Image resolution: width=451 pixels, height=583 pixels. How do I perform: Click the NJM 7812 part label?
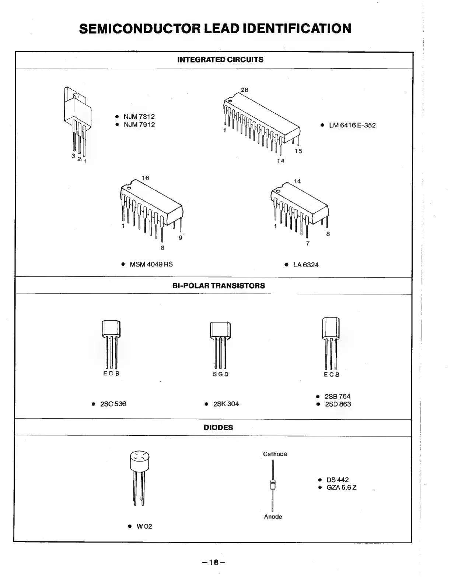point(139,117)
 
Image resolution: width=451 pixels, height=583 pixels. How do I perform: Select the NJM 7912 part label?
point(139,124)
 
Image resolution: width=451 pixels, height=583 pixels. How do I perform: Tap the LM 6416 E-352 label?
point(352,125)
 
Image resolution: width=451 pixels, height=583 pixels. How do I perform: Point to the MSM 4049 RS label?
point(151,264)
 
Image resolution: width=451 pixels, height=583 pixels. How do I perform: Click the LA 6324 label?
point(305,265)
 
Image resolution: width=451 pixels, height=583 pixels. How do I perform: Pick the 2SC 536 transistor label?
point(113,404)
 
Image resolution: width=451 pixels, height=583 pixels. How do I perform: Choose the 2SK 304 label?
point(226,404)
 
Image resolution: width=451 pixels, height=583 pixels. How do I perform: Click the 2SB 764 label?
point(337,396)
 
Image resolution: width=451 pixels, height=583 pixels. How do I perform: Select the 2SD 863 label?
point(338,404)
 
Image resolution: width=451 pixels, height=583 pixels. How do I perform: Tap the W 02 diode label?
point(144,526)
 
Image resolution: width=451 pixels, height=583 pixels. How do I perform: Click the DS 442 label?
point(337,480)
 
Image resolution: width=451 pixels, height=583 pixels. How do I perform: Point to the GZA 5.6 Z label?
point(341,488)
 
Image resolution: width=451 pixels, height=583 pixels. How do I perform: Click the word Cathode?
point(275,454)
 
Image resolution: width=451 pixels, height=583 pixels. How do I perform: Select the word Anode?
point(273,517)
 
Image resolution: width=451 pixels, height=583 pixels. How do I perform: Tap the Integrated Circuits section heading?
point(220,60)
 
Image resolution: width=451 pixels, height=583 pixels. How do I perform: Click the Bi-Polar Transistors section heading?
point(218,286)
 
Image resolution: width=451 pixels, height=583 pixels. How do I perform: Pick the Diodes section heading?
point(218,428)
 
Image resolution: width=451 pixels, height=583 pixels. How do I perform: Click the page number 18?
point(214,562)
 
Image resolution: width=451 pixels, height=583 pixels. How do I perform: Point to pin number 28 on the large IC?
point(245,90)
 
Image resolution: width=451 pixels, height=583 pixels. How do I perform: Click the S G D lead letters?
point(221,374)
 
